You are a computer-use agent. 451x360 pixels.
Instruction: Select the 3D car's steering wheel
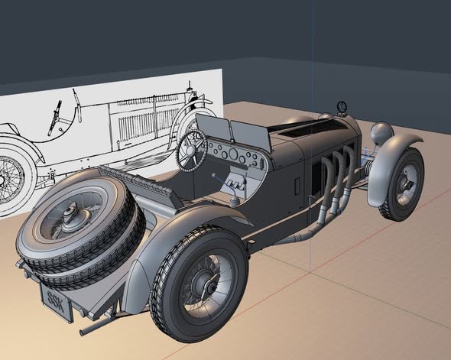192,149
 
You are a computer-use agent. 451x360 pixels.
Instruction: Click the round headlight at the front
381,134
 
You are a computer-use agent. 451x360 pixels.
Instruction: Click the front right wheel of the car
402,183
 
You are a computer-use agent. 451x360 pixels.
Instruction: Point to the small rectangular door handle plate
297,185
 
